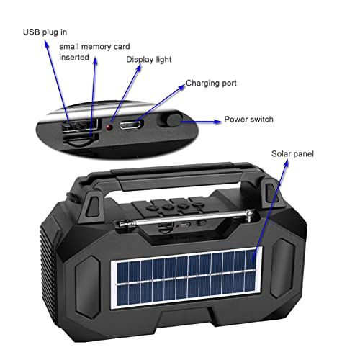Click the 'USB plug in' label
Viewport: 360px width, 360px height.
pyautogui.click(x=45, y=32)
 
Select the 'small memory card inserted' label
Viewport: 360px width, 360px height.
pyautogui.click(x=94, y=52)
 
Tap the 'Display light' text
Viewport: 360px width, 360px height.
pyautogui.click(x=149, y=60)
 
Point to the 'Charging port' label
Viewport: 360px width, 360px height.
pyautogui.click(x=211, y=83)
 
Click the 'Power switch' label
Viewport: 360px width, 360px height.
pyautogui.click(x=248, y=120)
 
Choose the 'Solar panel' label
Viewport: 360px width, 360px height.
pyautogui.click(x=292, y=154)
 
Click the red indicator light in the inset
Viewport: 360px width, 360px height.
pyautogui.click(x=109, y=127)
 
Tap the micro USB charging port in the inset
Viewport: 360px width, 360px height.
pyautogui.click(x=131, y=125)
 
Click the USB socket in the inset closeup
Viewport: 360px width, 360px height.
pyautogui.click(x=80, y=125)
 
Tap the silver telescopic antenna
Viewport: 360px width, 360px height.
pyautogui.click(x=186, y=218)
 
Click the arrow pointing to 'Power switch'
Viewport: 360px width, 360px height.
pyautogui.click(x=201, y=122)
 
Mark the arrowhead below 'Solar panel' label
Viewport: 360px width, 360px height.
pyautogui.click(x=286, y=163)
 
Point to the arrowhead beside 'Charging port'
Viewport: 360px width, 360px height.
pyautogui.click(x=181, y=87)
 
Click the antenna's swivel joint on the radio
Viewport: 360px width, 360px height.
pyautogui.click(x=250, y=215)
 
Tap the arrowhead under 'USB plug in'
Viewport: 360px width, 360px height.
pyautogui.click(x=46, y=44)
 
